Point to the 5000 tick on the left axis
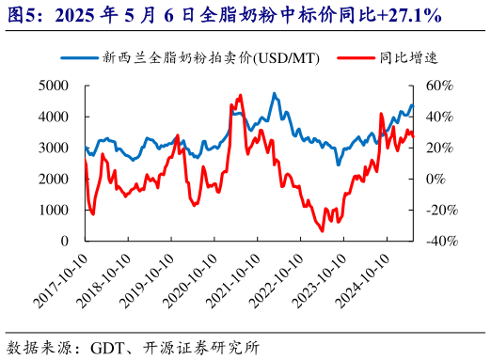tap(54, 86)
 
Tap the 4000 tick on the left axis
tap(54, 117)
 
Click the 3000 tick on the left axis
tap(54, 148)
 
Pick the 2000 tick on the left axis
tap(54, 179)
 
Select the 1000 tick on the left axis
tap(54, 210)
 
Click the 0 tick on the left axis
tap(64, 241)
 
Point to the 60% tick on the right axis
tap(438, 86)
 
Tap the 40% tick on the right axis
tap(438, 117)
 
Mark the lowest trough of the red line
tap(323, 231)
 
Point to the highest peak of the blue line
tap(274, 93)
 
